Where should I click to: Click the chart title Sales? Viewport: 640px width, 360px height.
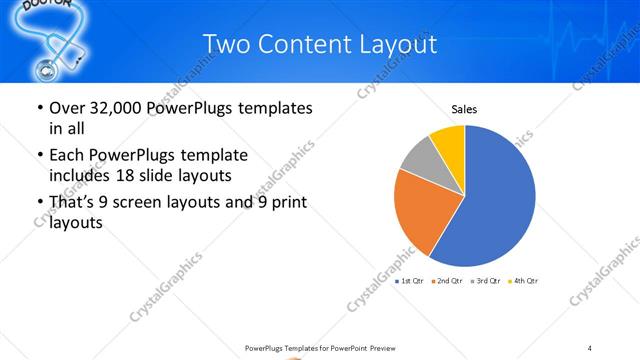point(464,108)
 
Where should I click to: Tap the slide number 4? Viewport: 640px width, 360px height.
point(590,347)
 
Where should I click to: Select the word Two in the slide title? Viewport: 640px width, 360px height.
point(224,44)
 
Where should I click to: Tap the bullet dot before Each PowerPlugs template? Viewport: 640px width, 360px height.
point(39,156)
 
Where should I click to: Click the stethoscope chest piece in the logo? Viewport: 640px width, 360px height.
point(45,70)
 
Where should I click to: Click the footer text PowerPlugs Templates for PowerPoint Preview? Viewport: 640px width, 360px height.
point(319,347)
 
